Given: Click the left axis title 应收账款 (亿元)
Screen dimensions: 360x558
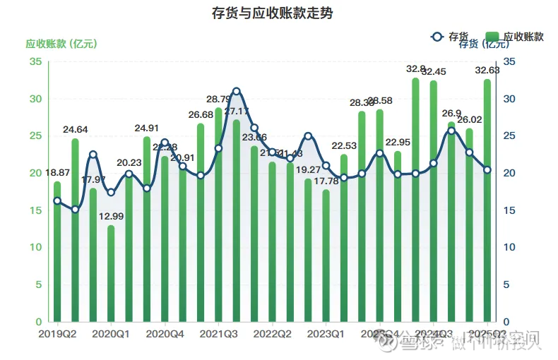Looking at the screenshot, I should tap(61, 44).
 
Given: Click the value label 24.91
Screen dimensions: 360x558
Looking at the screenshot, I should tap(147, 128).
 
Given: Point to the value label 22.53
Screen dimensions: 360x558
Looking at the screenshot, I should tap(344, 146).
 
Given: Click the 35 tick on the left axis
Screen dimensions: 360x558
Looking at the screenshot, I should tap(35, 61).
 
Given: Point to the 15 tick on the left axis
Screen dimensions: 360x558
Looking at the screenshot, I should tap(35, 210).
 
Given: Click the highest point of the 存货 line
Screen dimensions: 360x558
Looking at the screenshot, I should tap(237, 91).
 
